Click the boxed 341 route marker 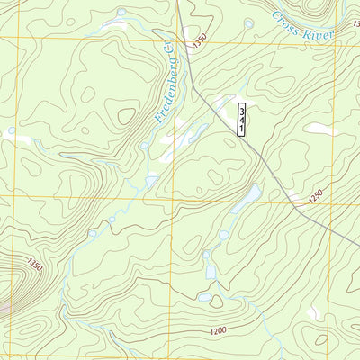tap(242, 119)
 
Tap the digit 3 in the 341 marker tap(242, 109)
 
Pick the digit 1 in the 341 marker tap(242, 129)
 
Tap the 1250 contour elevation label tap(315, 195)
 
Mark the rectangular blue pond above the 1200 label tap(210, 271)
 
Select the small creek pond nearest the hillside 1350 tap(92, 234)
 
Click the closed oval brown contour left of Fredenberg tap(121, 114)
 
